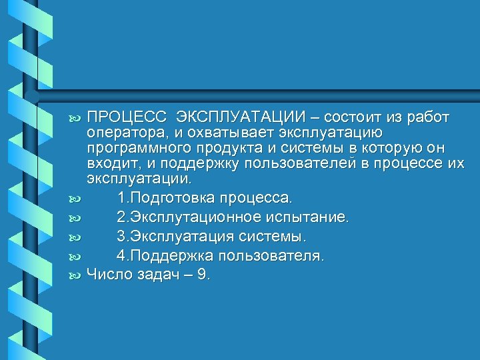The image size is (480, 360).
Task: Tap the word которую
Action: (x=383, y=148)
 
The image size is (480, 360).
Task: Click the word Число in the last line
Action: (x=108, y=273)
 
